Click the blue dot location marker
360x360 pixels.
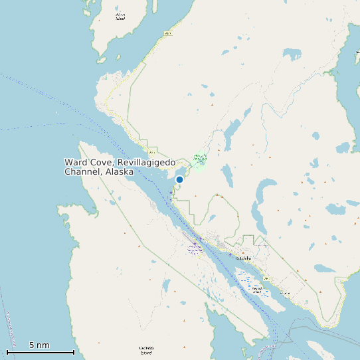click(x=179, y=179)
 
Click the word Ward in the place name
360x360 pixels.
click(x=76, y=162)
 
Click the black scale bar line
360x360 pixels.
click(x=40, y=352)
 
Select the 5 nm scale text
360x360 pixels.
click(x=39, y=345)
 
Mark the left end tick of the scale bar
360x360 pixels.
click(x=7, y=351)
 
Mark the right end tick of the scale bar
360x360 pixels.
click(x=73, y=351)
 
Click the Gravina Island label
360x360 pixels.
click(x=147, y=349)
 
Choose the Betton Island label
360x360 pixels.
click(x=120, y=16)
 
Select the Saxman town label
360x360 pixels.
click(x=286, y=293)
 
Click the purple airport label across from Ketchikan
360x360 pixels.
click(x=195, y=248)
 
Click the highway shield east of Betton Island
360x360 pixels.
click(x=168, y=32)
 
